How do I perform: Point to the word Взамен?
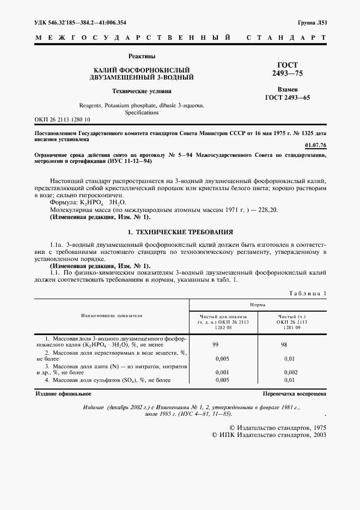[x=288, y=89]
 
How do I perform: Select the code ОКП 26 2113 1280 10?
[x=63, y=119]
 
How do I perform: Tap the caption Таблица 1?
[x=308, y=294]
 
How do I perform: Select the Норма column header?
[x=258, y=306]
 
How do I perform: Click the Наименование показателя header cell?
[x=112, y=315]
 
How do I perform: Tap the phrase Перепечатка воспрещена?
[x=294, y=393]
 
